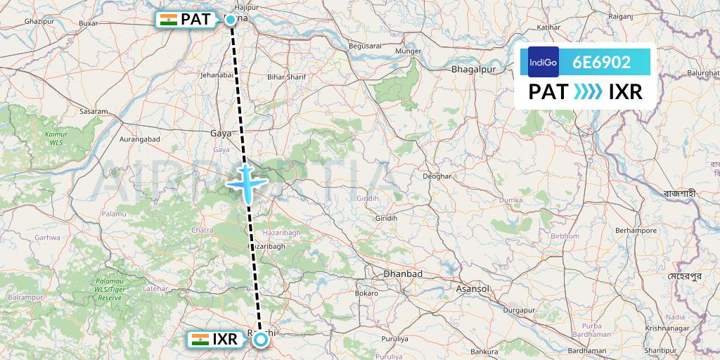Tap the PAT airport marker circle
(231, 20)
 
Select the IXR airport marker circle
(261, 340)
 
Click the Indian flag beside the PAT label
(169, 20)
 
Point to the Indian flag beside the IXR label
(200, 340)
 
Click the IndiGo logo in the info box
(544, 62)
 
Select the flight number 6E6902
(601, 62)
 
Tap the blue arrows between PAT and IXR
(588, 92)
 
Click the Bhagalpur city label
(473, 70)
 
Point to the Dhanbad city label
(403, 273)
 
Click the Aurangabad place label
(141, 139)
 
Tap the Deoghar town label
(437, 176)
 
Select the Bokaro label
(366, 292)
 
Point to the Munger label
(408, 51)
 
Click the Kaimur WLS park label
(56, 137)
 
